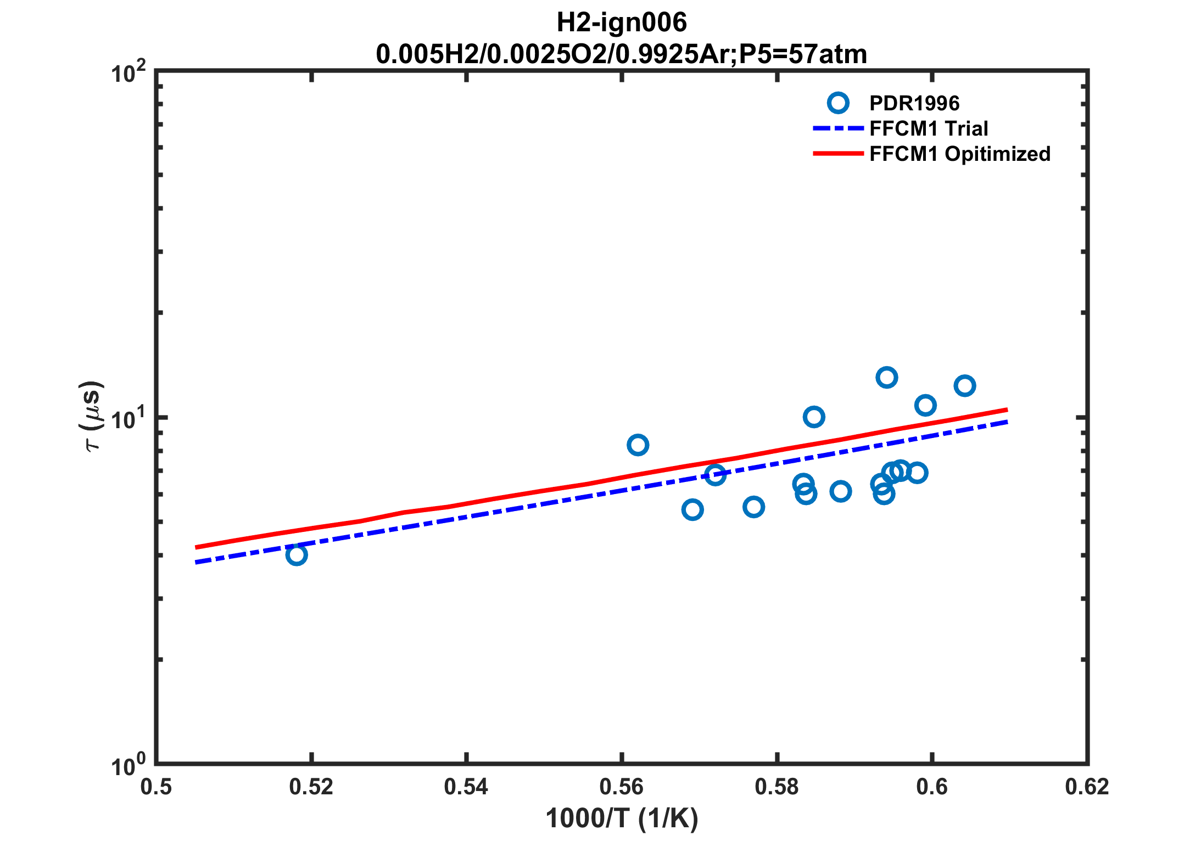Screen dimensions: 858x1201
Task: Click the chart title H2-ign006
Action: pyautogui.click(x=622, y=23)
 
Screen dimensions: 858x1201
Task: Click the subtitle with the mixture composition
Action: pyautogui.click(x=622, y=54)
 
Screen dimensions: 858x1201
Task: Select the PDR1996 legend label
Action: pyautogui.click(x=914, y=103)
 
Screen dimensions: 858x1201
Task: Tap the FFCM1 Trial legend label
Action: pyautogui.click(x=929, y=128)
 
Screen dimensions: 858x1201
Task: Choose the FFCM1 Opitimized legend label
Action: pyautogui.click(x=960, y=154)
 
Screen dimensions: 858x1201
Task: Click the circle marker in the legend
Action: pyautogui.click(x=838, y=103)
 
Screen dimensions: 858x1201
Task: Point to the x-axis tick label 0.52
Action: pyautogui.click(x=311, y=787)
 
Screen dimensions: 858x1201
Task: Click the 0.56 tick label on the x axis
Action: pyautogui.click(x=622, y=787)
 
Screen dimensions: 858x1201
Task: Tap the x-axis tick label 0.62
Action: pyautogui.click(x=1087, y=787)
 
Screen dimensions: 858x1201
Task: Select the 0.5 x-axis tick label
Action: pyautogui.click(x=156, y=787)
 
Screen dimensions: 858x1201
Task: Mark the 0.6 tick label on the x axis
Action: pyautogui.click(x=932, y=787)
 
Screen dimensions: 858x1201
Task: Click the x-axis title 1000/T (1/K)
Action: pyautogui.click(x=622, y=818)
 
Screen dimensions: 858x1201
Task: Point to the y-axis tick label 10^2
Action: pyautogui.click(x=129, y=73)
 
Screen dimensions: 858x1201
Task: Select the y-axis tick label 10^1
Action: pyautogui.click(x=129, y=420)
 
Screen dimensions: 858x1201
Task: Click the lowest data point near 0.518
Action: pyautogui.click(x=296, y=555)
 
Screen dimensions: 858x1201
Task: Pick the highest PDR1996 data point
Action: pyautogui.click(x=886, y=377)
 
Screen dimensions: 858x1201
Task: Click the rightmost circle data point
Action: pyautogui.click(x=964, y=385)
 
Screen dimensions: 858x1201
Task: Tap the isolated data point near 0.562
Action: pyautogui.click(x=638, y=445)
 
